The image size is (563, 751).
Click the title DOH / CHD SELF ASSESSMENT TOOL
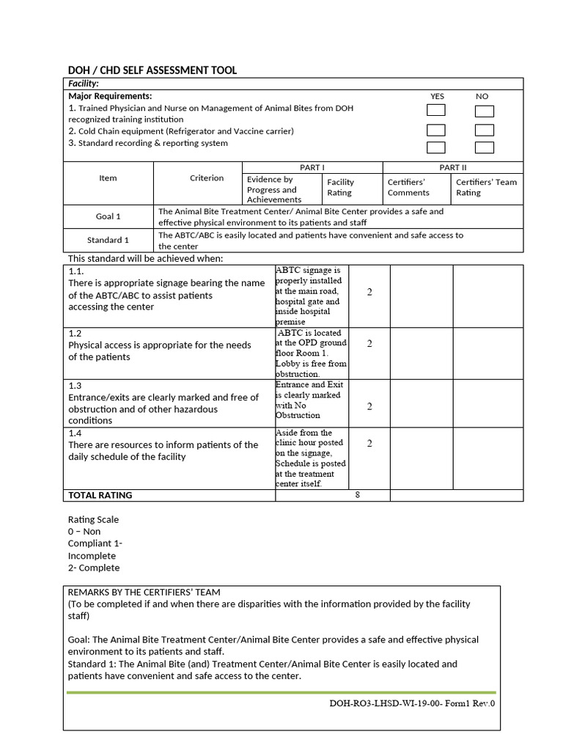tap(152, 70)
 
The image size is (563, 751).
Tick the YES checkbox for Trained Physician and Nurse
tap(436, 111)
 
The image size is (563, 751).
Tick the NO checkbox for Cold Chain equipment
tap(484, 131)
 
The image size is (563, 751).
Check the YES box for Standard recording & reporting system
tap(436, 147)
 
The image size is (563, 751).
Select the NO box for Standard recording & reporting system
tap(484, 148)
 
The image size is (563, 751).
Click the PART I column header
tap(312, 168)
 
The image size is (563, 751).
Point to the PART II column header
tap(452, 168)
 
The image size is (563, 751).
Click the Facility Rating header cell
tap(340, 188)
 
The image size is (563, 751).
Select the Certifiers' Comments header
tap(408, 188)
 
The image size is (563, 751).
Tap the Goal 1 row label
tap(109, 216)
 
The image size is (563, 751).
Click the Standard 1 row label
tap(108, 240)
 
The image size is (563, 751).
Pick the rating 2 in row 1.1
tap(369, 293)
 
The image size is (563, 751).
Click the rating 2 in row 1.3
tap(369, 406)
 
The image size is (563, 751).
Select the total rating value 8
tap(358, 495)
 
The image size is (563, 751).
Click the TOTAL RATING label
tap(100, 495)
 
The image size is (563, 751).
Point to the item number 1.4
tap(75, 433)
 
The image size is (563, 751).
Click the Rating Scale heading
tap(93, 519)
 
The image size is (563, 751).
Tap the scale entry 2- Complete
tap(94, 568)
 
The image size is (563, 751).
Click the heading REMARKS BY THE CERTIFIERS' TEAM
tap(144, 592)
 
